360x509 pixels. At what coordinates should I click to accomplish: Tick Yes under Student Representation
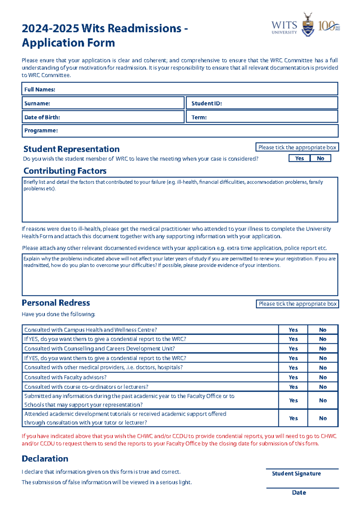[x=299, y=158]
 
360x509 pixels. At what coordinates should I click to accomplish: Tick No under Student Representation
[x=320, y=158]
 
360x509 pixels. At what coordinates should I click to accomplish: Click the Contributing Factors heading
[x=65, y=171]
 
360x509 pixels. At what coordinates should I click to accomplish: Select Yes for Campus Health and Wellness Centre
[x=293, y=330]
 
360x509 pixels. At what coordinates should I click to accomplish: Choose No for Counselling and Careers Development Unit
[x=323, y=348]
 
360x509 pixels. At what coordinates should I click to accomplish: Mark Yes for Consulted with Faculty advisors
[x=293, y=377]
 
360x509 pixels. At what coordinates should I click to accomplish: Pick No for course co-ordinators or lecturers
[x=323, y=387]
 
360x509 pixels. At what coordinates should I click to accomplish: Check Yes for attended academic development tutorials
[x=293, y=418]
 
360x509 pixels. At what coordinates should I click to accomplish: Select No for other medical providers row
[x=323, y=368]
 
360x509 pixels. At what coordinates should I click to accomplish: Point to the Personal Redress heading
[x=56, y=303]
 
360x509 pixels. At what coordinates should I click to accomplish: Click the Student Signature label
[x=296, y=474]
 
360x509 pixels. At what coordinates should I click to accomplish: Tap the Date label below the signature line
[x=299, y=492]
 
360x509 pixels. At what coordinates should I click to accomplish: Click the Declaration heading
[x=45, y=459]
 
